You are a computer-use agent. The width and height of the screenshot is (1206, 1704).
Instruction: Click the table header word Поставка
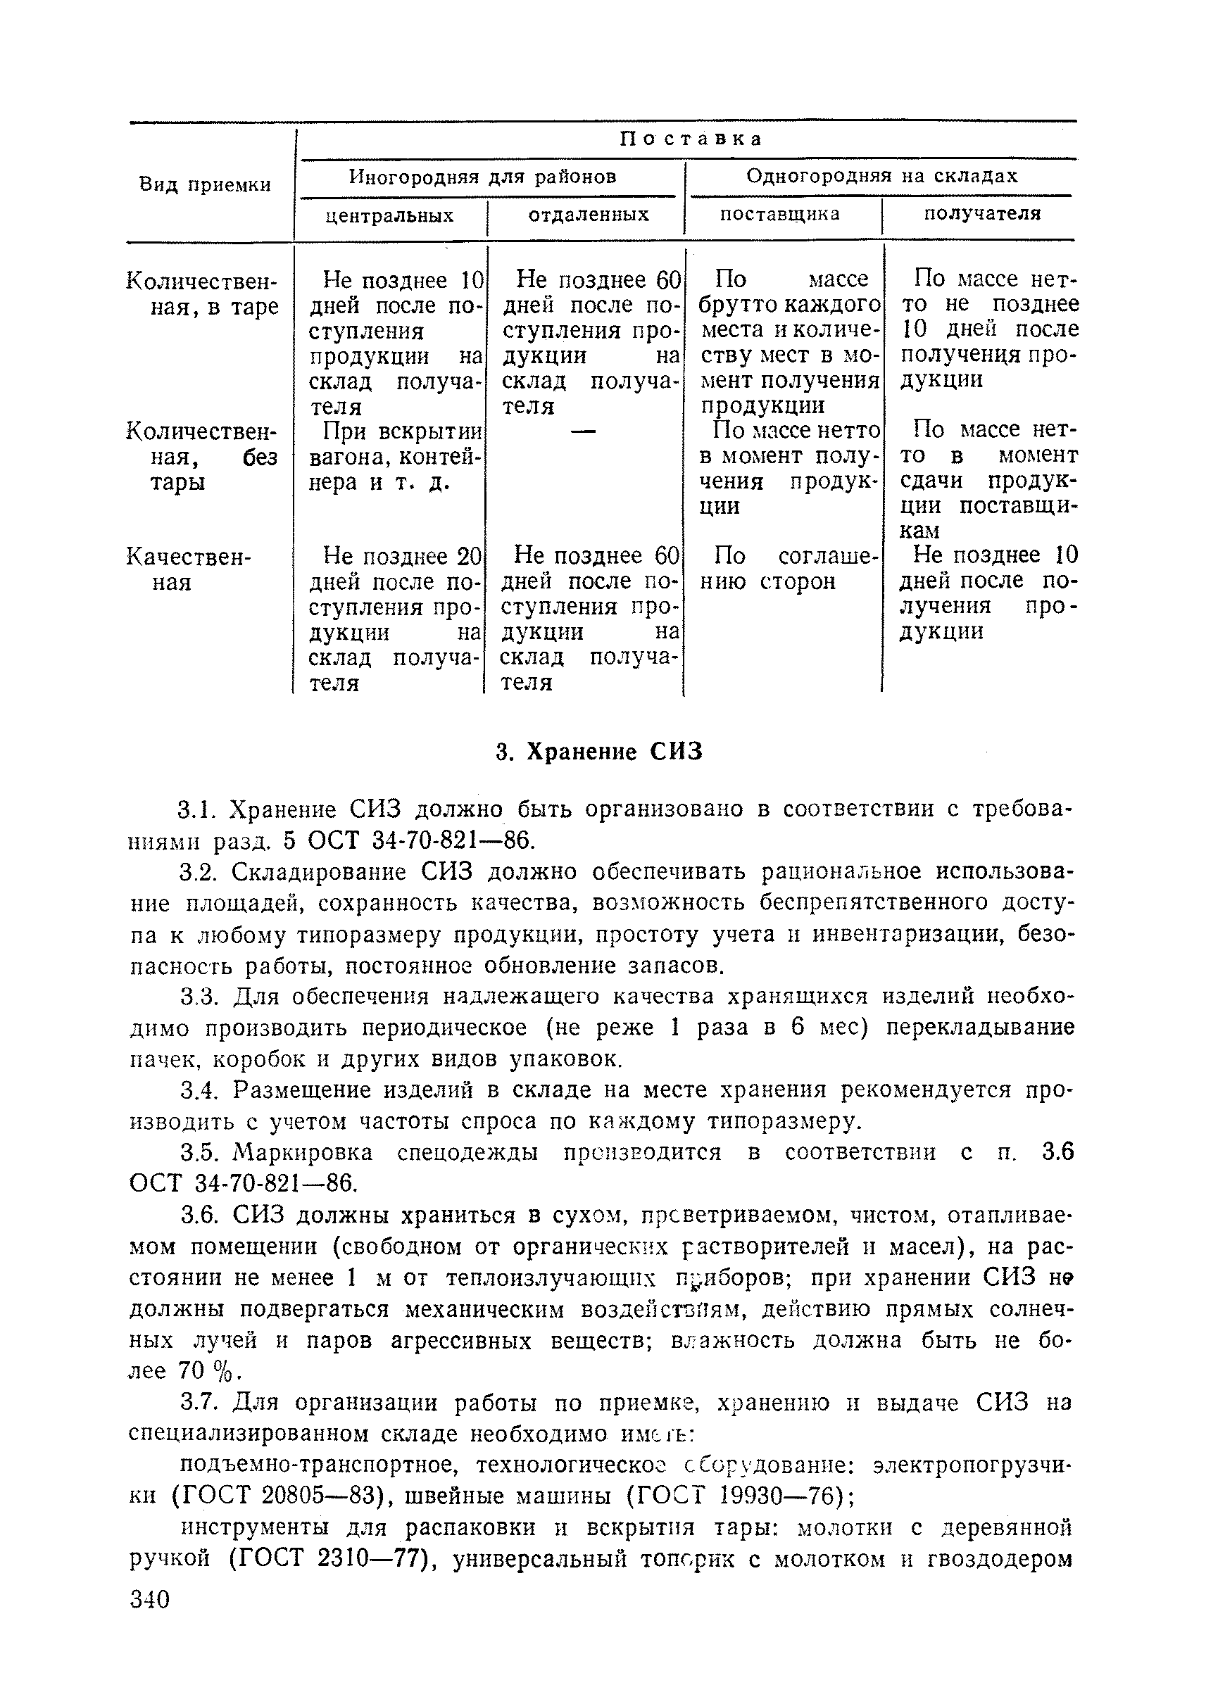pos(691,139)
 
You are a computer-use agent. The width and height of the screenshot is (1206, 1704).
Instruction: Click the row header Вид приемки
pos(206,184)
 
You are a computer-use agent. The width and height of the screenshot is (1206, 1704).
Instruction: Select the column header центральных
pos(390,216)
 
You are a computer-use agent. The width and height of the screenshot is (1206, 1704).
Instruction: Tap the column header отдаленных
pos(588,215)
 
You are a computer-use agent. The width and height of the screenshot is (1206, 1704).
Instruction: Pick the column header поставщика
pos(780,214)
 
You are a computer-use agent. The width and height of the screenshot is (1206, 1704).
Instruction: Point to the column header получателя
pos(981,214)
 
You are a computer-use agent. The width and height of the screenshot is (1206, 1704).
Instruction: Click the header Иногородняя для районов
pos(483,177)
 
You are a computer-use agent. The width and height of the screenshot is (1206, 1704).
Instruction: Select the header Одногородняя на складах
pos(881,176)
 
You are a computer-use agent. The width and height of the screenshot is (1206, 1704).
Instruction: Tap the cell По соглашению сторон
pos(787,568)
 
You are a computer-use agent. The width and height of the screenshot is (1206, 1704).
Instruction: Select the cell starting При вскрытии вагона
pos(394,457)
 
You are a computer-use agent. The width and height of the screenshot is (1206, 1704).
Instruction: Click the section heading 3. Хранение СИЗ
pos(598,752)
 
